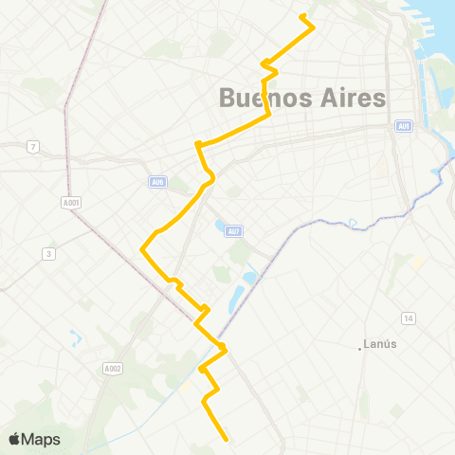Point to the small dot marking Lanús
[362, 348]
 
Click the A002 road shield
[112, 368]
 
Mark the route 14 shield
[409, 317]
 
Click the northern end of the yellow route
[300, 15]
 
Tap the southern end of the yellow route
[227, 439]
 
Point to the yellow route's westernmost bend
[142, 249]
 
